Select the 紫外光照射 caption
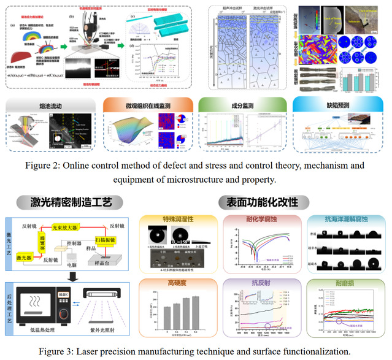pos(103,330)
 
